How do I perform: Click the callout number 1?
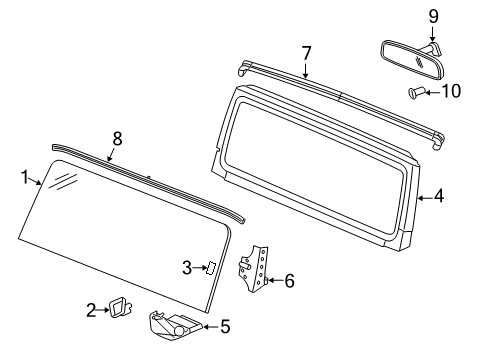pos(24,178)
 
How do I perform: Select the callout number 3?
pos(187,266)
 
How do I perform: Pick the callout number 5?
pos(225,324)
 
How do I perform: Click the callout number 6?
pos(289,282)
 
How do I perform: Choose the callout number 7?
pos(307,53)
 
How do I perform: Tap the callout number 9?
pos(433,16)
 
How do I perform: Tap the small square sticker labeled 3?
pos(212,267)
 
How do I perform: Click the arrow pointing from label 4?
pos(424,197)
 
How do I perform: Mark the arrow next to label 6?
pos(274,282)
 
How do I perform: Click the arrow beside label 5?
pos(211,324)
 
